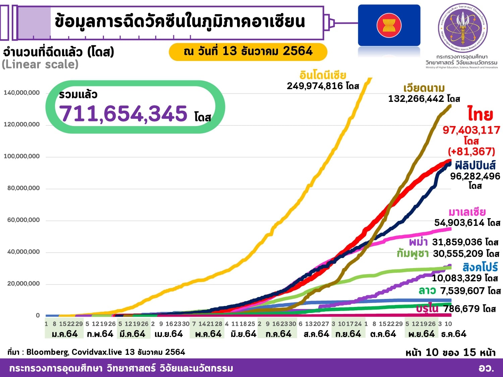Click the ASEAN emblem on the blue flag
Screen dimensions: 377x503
[389, 25]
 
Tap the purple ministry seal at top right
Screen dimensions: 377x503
[463, 28]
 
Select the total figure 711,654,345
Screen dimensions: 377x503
[123, 114]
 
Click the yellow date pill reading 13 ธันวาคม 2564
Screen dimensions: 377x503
[248, 51]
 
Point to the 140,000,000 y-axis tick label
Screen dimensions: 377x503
[21, 93]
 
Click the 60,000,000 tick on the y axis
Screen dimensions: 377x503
[23, 220]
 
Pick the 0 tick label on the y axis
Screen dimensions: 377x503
[38, 315]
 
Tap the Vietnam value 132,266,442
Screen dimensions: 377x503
[416, 99]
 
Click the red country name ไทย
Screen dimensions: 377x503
[480, 115]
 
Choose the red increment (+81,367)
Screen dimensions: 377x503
[471, 151]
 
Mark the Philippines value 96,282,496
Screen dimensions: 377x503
[475, 176]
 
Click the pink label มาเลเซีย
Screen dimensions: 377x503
[467, 212]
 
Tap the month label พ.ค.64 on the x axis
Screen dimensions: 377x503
[208, 334]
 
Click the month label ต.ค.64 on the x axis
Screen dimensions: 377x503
[383, 334]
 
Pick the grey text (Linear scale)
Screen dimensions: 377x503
[40, 64]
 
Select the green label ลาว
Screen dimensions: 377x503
[427, 291]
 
